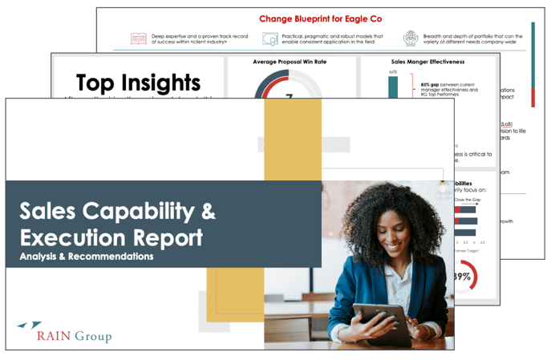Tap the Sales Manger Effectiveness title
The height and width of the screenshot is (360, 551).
(422, 62)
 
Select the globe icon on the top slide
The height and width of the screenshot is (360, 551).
(411, 38)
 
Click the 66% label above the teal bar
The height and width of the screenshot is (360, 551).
(393, 72)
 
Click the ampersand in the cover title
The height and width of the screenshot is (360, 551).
(206, 212)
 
